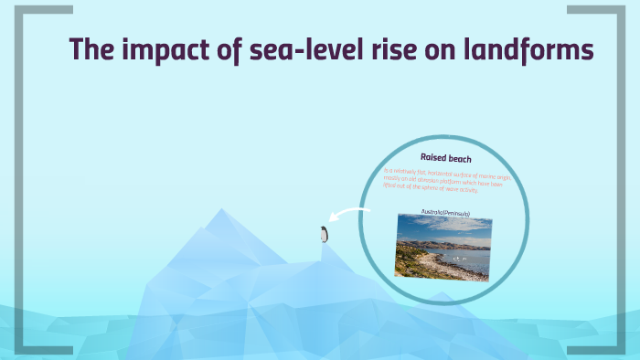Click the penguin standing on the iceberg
[323, 234]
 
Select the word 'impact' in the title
[159, 51]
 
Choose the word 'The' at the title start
[89, 51]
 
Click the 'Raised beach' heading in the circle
[445, 159]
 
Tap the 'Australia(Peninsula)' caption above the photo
[445, 213]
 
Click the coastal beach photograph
[443, 248]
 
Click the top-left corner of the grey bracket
[20, 10]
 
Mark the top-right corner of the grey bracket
[619, 10]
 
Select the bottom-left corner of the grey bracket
[20, 349]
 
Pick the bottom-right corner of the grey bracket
[619, 349]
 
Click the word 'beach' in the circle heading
[460, 159]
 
